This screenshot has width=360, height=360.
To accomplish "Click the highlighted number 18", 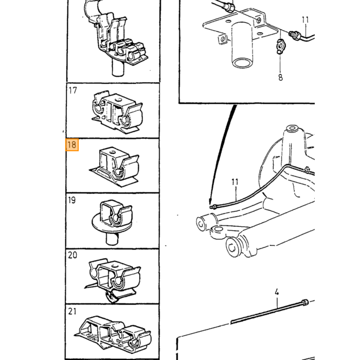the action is click(72, 145).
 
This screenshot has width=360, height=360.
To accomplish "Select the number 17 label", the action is click(73, 91).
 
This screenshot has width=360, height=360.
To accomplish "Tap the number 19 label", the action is click(72, 200).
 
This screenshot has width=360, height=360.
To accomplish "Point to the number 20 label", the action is click(73, 255).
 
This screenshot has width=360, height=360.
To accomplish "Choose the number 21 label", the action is click(72, 311).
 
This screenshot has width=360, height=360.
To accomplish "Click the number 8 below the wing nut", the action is click(280, 77).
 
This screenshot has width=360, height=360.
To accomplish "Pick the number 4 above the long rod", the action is click(277, 292).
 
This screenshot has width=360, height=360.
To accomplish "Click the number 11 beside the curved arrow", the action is click(235, 182).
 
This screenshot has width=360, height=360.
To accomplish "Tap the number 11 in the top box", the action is click(305, 20).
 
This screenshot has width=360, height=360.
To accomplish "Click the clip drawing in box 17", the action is click(117, 112).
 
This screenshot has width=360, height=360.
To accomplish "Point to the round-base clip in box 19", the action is click(112, 221).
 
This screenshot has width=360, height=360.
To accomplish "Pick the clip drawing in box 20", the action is click(113, 280).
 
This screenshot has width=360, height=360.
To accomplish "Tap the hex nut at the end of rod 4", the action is click(304, 302).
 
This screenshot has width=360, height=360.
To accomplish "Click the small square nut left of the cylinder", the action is click(222, 39).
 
